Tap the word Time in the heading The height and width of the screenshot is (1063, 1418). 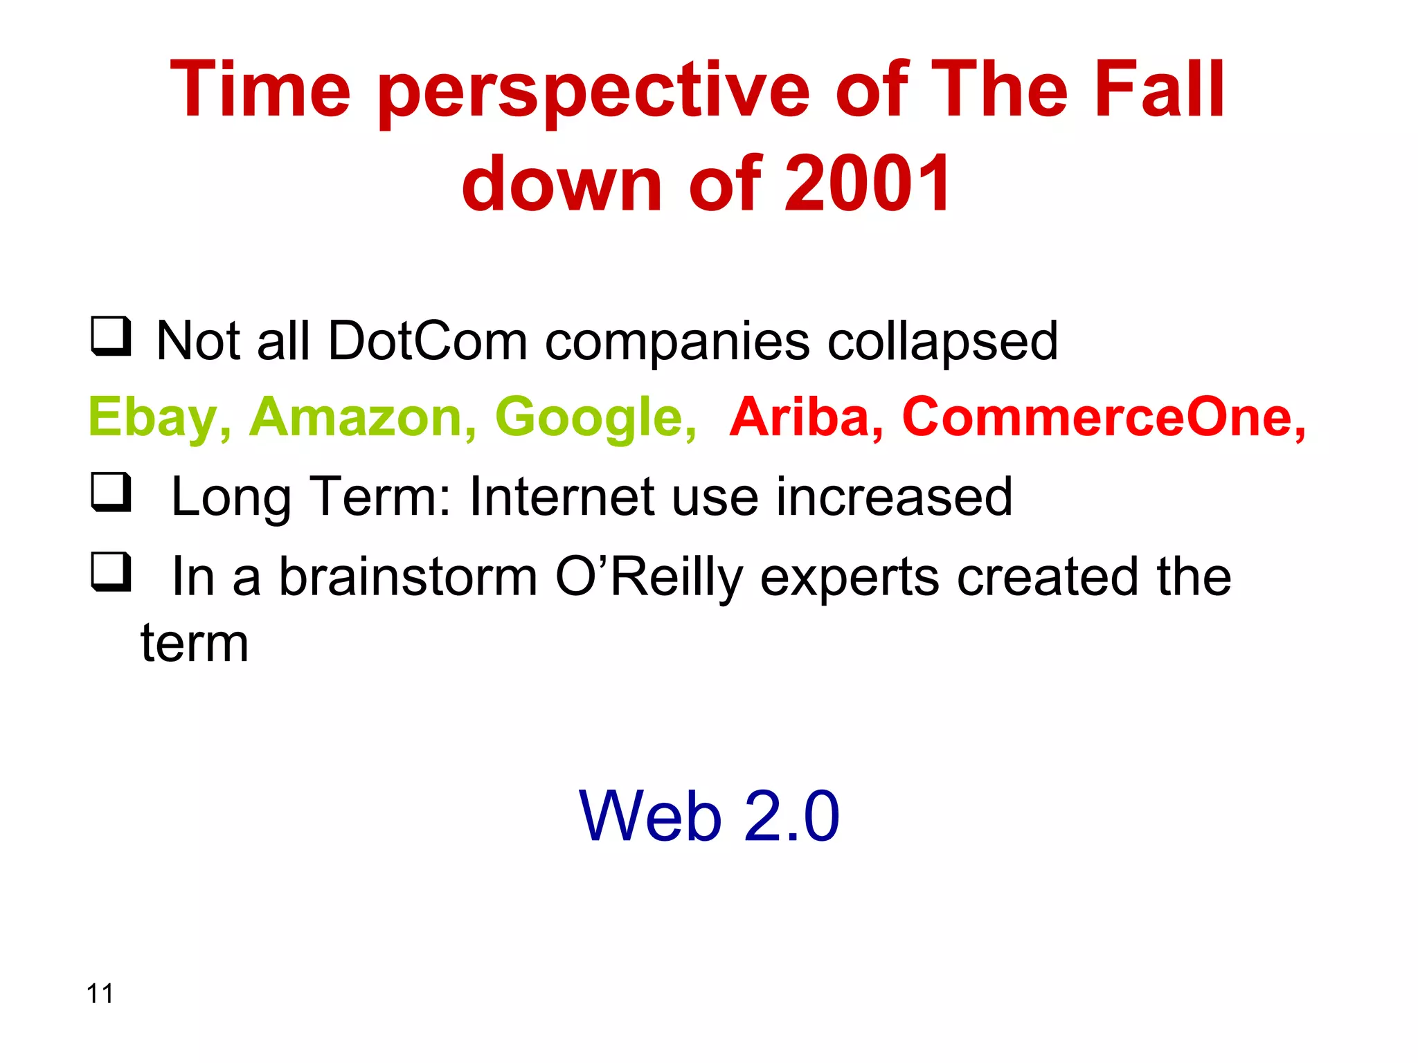coord(260,90)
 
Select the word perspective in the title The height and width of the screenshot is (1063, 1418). coord(594,93)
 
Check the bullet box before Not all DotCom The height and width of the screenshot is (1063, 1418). coord(111,336)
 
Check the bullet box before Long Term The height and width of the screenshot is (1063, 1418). coord(111,492)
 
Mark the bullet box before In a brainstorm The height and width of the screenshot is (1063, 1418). coord(111,572)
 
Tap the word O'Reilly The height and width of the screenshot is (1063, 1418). coord(649,577)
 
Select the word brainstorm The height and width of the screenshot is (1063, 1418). coord(409,576)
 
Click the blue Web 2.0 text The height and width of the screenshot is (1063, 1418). coord(709,817)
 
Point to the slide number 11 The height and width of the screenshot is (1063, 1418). coord(100,993)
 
